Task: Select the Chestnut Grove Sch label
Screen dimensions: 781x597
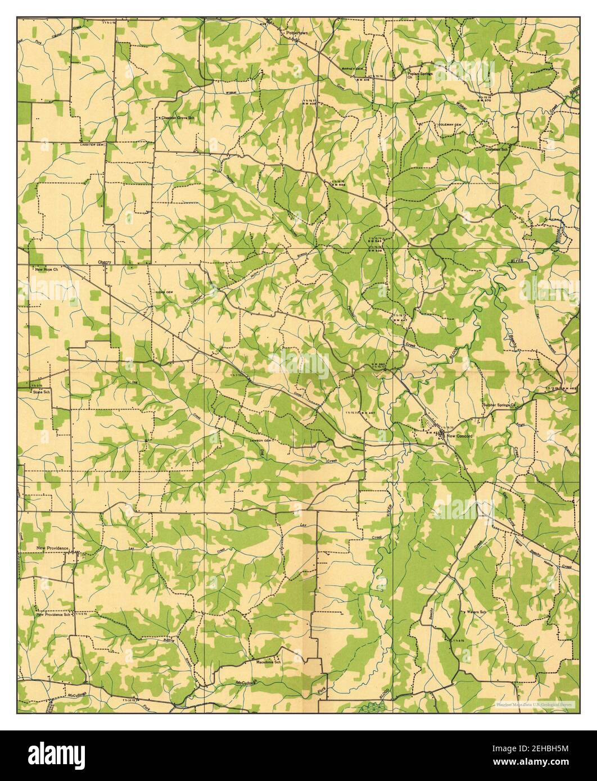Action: pyautogui.click(x=178, y=118)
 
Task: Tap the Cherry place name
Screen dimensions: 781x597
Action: pyautogui.click(x=105, y=262)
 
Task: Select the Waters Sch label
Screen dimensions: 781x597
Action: pyautogui.click(x=476, y=612)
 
